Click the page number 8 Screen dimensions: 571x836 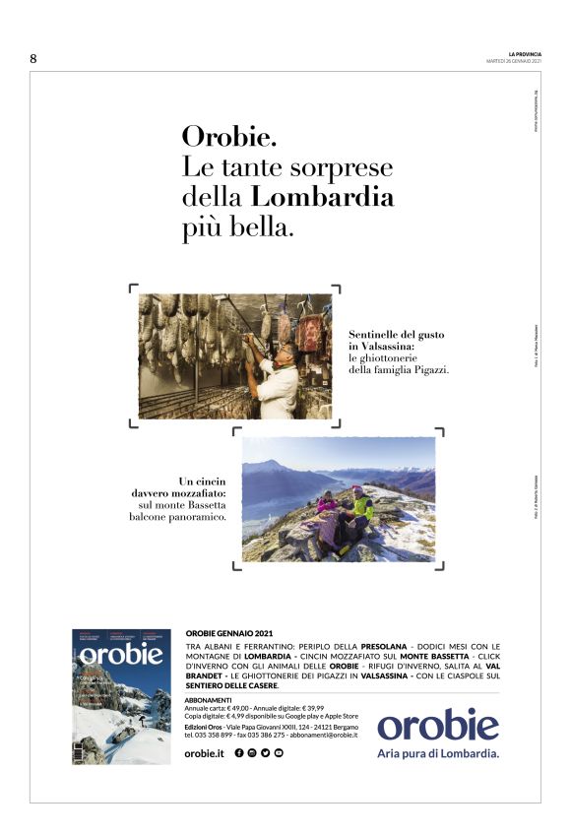pos(33,58)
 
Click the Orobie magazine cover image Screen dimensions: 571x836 pos(121,695)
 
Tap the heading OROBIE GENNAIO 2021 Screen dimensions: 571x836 pos(229,633)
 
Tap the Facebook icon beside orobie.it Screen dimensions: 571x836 pos(239,753)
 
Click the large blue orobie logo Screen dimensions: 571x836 pos(438,726)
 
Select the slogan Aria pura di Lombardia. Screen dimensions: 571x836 pos(438,754)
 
